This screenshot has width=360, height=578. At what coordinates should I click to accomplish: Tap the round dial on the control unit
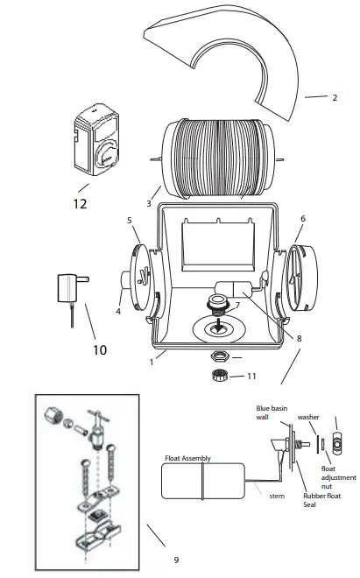(104, 159)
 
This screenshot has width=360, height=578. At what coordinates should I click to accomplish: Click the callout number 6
(302, 219)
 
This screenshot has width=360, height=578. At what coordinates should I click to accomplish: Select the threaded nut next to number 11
(219, 376)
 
